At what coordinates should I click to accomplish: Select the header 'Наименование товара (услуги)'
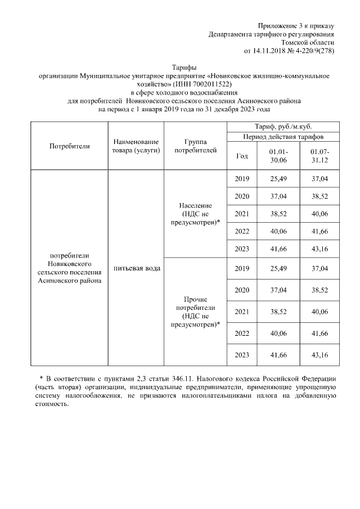click(136, 146)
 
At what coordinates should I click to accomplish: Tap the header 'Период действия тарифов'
click(283, 137)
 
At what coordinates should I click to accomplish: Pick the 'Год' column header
click(241, 156)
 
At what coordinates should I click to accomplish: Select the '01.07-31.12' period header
click(319, 156)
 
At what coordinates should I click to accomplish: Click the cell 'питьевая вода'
click(136, 268)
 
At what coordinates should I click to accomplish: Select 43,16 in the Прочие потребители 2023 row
click(319, 355)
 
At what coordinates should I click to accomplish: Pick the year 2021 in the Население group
click(241, 214)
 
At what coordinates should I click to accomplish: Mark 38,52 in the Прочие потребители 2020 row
click(319, 290)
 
